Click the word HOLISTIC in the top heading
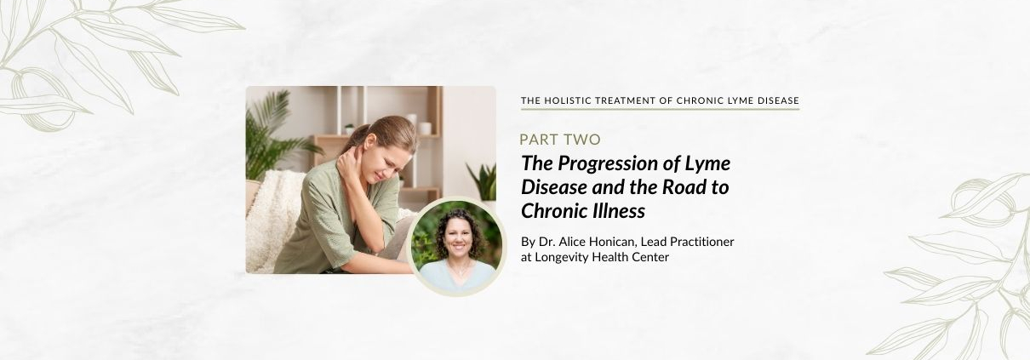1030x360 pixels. point(564,100)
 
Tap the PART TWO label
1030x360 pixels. point(560,140)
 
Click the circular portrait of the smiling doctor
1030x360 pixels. point(456,247)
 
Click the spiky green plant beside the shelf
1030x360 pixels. point(483,181)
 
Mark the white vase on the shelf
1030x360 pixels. point(425,129)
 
